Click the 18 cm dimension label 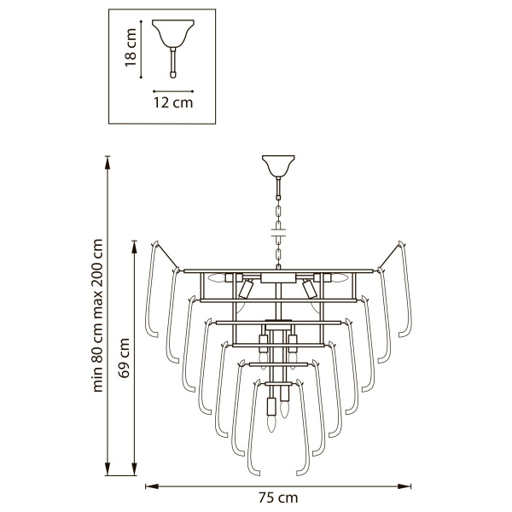coord(131,47)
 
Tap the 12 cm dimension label coord(173,102)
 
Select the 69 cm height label coord(124,358)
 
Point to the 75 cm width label coord(278,498)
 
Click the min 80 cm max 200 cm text coord(97,316)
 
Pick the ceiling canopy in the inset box coord(173,33)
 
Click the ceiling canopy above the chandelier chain coord(278,166)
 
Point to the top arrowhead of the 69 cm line coord(134,247)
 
